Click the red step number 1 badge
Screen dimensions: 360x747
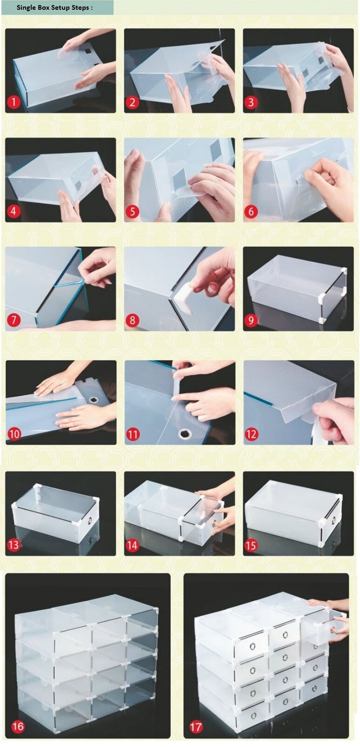click(x=14, y=102)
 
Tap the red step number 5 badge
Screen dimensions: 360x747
click(x=132, y=211)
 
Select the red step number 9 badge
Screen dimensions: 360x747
click(x=251, y=321)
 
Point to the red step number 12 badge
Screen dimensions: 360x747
click(x=251, y=434)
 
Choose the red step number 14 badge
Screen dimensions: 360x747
click(x=132, y=545)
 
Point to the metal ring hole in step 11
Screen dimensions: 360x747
click(x=183, y=433)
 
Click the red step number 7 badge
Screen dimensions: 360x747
click(x=14, y=321)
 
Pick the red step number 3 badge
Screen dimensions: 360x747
click(x=251, y=102)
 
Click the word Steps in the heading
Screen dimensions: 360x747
click(x=80, y=7)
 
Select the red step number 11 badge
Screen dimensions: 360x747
click(x=132, y=434)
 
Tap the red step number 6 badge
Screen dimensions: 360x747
click(x=251, y=211)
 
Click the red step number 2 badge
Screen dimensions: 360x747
click(x=132, y=102)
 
